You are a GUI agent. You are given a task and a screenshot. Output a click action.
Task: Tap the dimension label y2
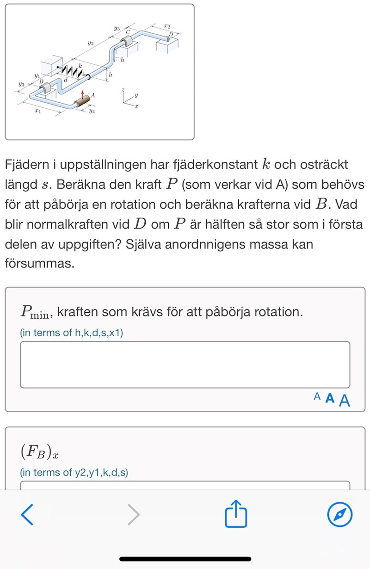[91, 43]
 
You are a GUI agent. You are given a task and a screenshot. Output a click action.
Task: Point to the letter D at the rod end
[170, 35]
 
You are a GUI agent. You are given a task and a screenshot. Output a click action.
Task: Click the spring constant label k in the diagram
[80, 66]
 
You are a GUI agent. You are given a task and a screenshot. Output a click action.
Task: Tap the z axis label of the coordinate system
[122, 90]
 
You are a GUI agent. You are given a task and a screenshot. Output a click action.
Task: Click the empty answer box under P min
[185, 365]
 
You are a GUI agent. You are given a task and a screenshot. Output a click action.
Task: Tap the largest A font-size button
[345, 400]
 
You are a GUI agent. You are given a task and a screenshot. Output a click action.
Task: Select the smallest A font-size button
[317, 396]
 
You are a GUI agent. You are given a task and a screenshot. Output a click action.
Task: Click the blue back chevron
[27, 514]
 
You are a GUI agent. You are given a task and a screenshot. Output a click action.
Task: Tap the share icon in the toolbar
[236, 513]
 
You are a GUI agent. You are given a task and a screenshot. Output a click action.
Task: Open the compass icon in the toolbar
[339, 514]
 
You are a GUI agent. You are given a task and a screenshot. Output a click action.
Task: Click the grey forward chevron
[134, 514]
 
